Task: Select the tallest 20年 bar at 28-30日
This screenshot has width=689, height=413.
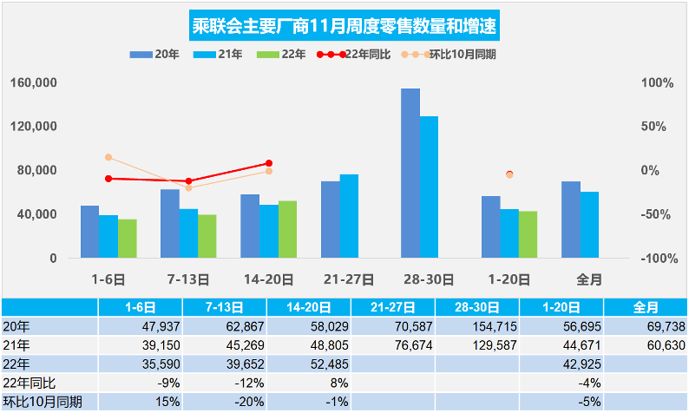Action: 410,174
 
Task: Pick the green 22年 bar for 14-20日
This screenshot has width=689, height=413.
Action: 287,229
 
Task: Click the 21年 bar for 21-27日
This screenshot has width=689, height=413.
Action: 349,216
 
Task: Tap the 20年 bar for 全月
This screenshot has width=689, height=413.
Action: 570,220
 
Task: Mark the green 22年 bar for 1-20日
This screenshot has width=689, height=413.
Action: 528,234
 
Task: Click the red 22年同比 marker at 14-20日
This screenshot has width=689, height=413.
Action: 269,163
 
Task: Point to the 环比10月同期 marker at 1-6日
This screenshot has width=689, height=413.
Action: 108,157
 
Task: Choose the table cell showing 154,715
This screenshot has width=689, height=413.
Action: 476,326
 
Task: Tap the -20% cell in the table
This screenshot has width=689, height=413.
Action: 223,403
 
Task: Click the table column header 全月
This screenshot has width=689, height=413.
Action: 645,307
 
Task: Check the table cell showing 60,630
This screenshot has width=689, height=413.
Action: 645,345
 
